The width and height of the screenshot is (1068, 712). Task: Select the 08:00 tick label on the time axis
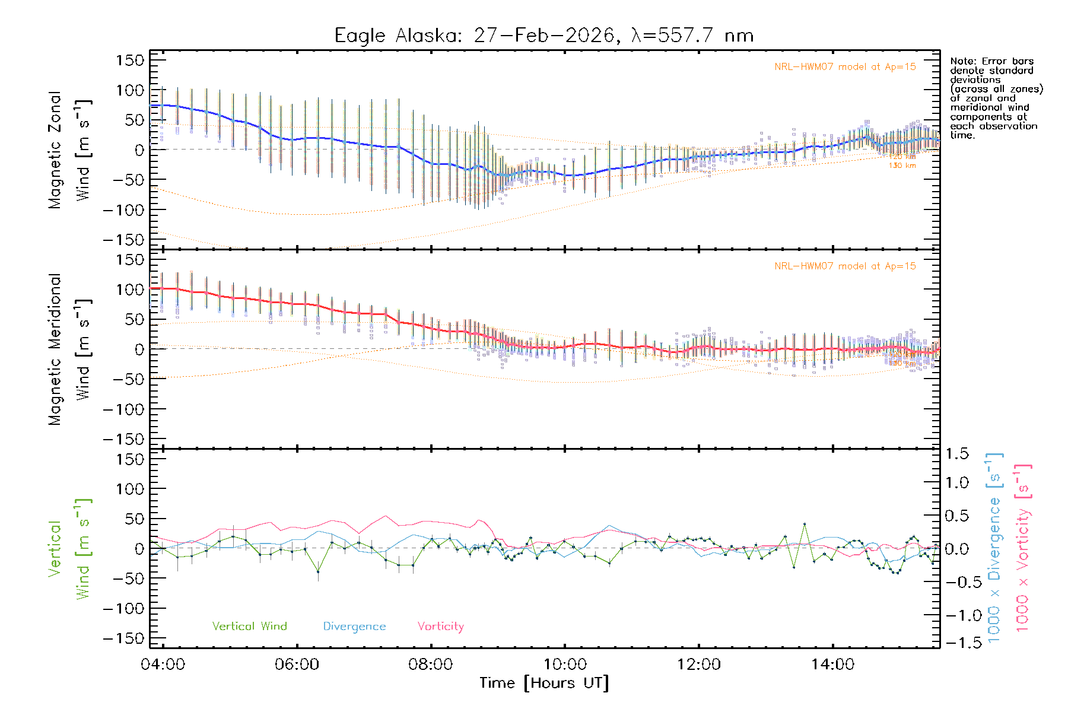pyautogui.click(x=430, y=665)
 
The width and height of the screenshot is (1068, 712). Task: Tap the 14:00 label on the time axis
pyautogui.click(x=832, y=665)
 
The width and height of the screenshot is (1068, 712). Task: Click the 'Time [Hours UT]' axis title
pyautogui.click(x=544, y=683)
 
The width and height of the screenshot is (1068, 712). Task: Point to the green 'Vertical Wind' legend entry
pyautogui.click(x=249, y=626)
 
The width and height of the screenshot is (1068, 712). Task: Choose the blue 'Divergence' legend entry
pyautogui.click(x=354, y=627)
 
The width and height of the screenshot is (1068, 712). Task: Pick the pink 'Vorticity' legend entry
pyautogui.click(x=440, y=626)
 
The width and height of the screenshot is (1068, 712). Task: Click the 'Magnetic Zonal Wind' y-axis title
pyautogui.click(x=69, y=150)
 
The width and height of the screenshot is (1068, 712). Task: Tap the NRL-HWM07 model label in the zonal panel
pyautogui.click(x=845, y=66)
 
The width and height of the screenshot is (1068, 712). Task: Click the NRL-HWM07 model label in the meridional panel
pyautogui.click(x=845, y=266)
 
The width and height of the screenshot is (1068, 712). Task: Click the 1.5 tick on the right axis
pyautogui.click(x=956, y=454)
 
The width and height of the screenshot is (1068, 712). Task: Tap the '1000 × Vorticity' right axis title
pyautogui.click(x=1022, y=548)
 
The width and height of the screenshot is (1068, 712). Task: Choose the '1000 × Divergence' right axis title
pyautogui.click(x=994, y=548)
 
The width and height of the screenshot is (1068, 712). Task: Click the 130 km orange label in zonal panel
pyautogui.click(x=902, y=166)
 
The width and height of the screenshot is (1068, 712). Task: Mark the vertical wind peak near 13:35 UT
pyautogui.click(x=805, y=524)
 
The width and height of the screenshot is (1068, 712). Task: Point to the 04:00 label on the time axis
pyautogui.click(x=163, y=665)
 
